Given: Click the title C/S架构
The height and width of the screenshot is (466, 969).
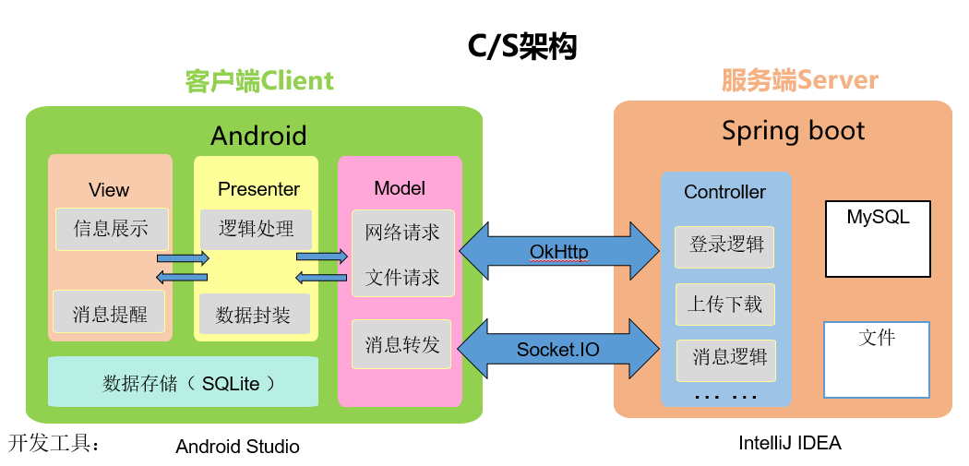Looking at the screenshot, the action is click(x=521, y=47).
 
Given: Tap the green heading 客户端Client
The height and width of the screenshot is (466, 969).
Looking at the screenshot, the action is click(x=259, y=81).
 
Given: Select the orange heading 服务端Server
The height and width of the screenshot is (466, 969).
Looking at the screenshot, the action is click(x=800, y=81).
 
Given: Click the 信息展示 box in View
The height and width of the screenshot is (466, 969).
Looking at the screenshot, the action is click(x=112, y=229).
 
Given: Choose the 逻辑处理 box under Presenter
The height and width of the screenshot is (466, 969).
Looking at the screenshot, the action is click(x=256, y=229).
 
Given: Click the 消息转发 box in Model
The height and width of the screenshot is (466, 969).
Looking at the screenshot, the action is click(x=401, y=344).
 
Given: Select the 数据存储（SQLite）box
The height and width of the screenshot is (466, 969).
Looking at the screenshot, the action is click(x=183, y=382).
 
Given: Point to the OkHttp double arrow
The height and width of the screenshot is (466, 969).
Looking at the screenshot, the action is click(x=559, y=252).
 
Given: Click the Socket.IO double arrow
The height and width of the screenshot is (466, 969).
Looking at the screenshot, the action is click(x=559, y=349).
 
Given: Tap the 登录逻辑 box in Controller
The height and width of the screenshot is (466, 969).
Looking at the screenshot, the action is click(x=724, y=246).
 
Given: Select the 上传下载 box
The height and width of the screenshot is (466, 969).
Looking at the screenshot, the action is click(x=724, y=305).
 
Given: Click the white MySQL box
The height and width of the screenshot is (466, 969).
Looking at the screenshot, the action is click(x=879, y=239).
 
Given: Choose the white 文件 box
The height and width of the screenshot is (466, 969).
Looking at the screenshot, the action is click(x=877, y=360).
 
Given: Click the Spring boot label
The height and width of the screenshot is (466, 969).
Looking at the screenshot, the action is click(x=793, y=132).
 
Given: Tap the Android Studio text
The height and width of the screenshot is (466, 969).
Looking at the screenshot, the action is click(x=237, y=447).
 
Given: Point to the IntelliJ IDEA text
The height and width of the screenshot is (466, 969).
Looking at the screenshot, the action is click(x=790, y=443).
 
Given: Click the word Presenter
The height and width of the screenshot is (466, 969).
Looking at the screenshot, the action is click(x=259, y=189).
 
